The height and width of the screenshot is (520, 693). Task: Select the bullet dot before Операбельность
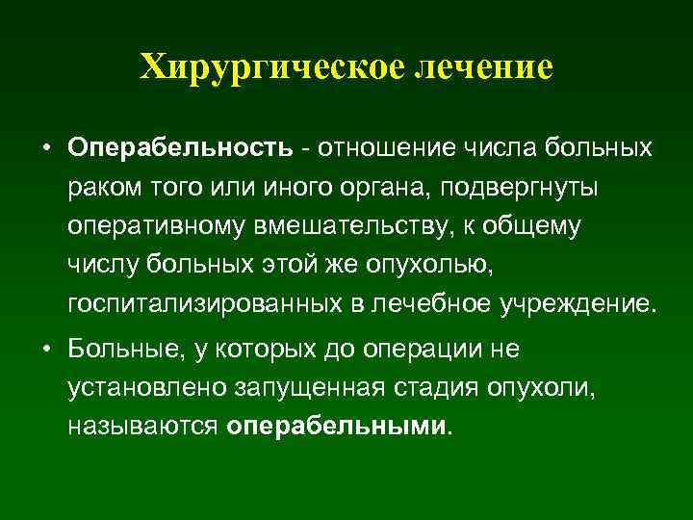46,150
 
